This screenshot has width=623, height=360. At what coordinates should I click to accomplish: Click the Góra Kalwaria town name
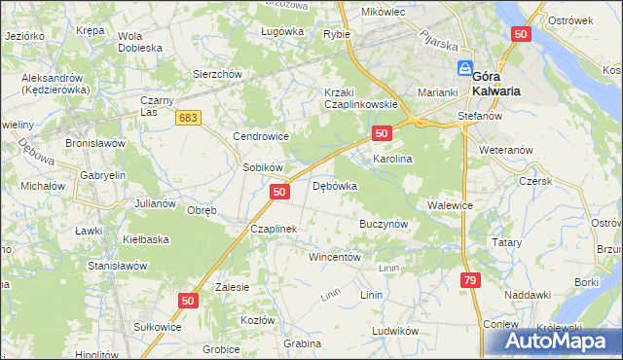click(x=495, y=83)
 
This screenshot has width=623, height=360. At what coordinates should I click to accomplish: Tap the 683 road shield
click(x=190, y=117)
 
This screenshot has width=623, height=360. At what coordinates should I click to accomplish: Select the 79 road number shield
click(x=471, y=280)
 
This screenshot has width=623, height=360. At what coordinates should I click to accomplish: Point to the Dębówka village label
click(x=335, y=185)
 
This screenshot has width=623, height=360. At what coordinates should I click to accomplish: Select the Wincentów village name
click(x=335, y=258)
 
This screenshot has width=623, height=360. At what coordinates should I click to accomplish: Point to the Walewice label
click(x=450, y=205)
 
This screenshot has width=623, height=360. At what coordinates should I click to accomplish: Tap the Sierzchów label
click(x=216, y=74)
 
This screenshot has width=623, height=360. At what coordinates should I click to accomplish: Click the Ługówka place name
click(x=282, y=31)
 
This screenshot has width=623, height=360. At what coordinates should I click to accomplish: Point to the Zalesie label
click(x=233, y=287)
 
